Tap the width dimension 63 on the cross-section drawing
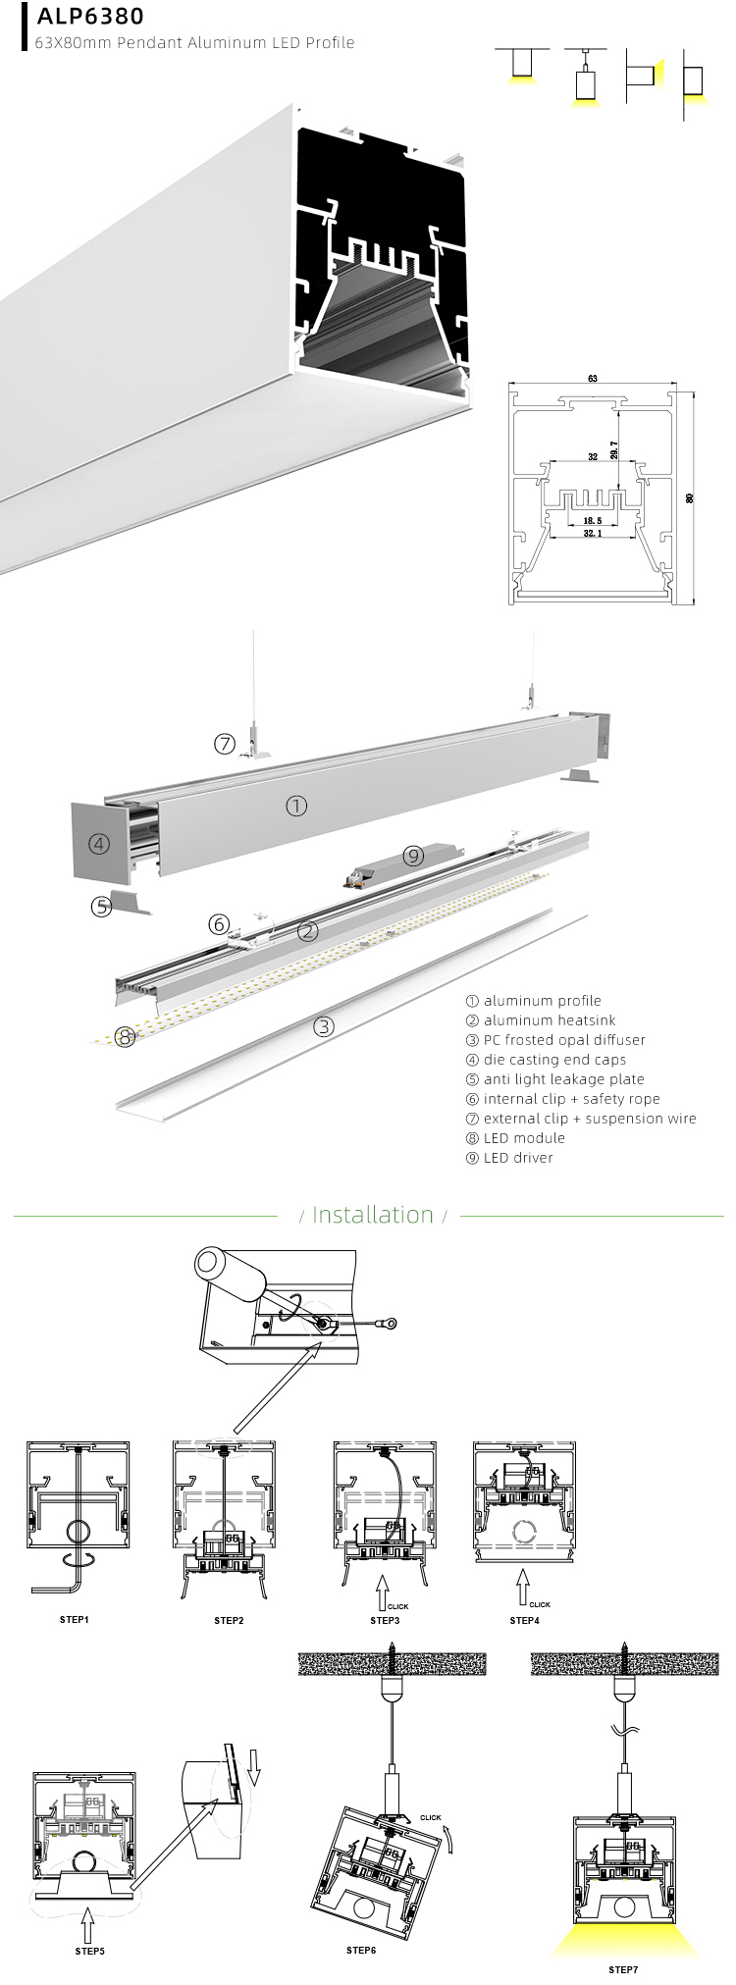(593, 379)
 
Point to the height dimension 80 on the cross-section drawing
(689, 498)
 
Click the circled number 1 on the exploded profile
(296, 806)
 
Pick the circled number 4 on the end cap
(98, 843)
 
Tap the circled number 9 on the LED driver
(413, 856)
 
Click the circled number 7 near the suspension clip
(225, 744)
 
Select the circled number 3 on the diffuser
(324, 1027)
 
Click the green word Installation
(372, 1215)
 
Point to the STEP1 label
(74, 1619)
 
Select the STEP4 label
(525, 1620)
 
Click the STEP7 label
(622, 1968)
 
